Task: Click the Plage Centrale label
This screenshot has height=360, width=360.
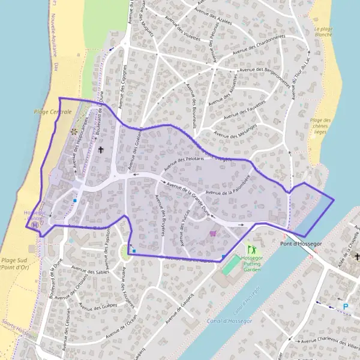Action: tap(53, 112)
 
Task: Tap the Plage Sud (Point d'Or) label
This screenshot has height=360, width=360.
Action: tap(16, 263)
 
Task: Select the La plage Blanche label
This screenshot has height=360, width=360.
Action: tap(325, 31)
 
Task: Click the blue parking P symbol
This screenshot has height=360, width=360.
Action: tap(346, 306)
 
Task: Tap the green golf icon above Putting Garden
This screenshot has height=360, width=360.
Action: tap(251, 248)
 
